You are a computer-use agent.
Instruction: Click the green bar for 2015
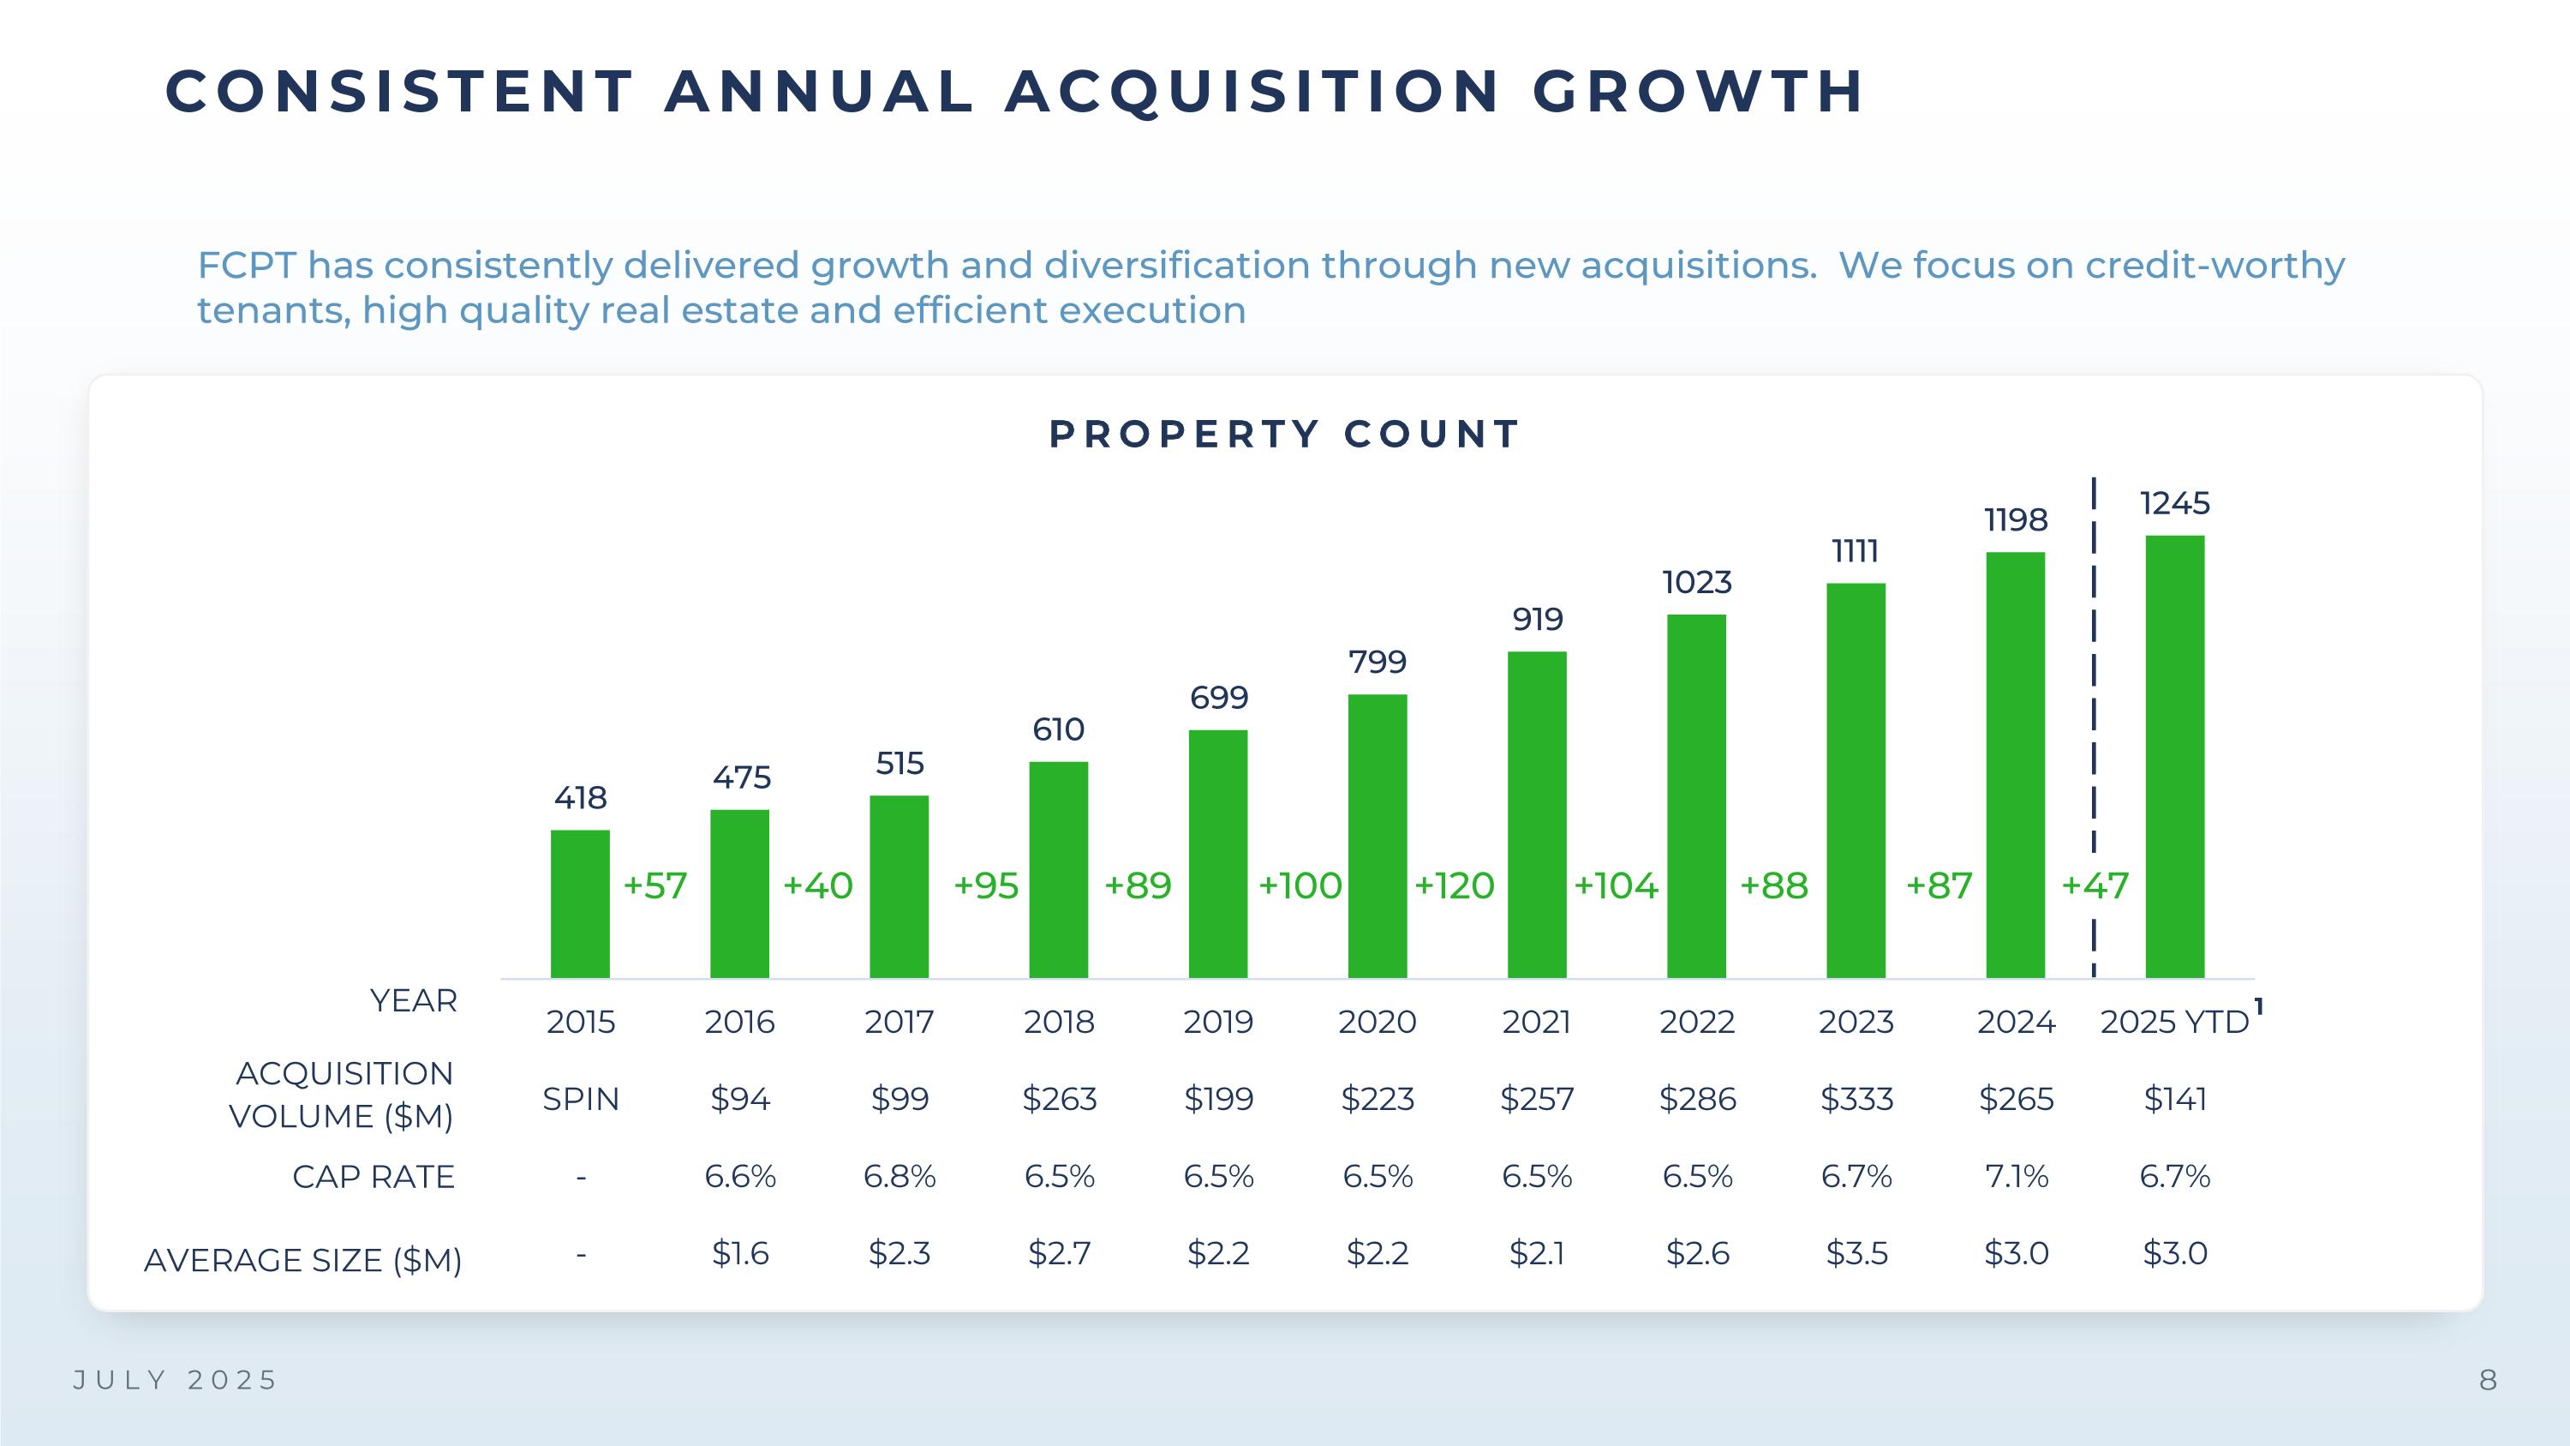tap(580, 903)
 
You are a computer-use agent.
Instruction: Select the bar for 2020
tap(1377, 837)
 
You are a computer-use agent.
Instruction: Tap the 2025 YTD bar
tap(2175, 757)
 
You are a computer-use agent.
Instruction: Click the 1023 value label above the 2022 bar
tap(1696, 583)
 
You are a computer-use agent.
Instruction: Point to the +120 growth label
tap(1454, 886)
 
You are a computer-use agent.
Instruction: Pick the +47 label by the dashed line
tap(2095, 886)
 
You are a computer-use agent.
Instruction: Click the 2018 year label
tap(1059, 1022)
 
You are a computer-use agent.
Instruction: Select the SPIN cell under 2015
tap(581, 1099)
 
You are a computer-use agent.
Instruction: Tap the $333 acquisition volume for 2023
tap(1856, 1099)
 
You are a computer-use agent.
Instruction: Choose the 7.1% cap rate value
tap(2015, 1177)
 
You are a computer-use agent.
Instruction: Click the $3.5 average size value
tap(1856, 1253)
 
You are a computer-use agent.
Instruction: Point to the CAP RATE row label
tap(374, 1178)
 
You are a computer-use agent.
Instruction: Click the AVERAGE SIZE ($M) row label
tap(302, 1260)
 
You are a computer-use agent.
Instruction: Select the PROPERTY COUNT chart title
tap(1284, 434)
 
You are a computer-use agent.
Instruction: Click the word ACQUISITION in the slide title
tap(1252, 92)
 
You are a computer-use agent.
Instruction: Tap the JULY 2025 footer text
tap(176, 1380)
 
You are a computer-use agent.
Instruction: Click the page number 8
tap(2489, 1380)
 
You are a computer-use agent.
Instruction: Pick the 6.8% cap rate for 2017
tap(899, 1177)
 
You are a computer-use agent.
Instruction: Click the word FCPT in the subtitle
tap(247, 266)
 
